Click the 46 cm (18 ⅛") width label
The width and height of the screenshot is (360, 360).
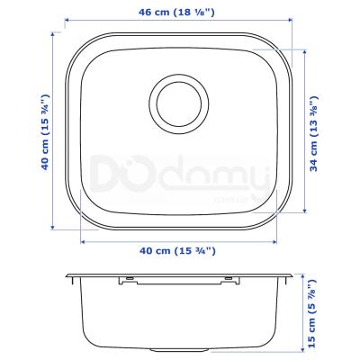point(176,13)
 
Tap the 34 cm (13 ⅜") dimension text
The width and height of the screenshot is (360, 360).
point(313,134)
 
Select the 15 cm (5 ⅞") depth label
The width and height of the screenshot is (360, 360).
point(312,313)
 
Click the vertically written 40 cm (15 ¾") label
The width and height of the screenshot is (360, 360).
point(45,132)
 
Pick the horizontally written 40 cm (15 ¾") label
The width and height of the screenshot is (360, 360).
point(177,251)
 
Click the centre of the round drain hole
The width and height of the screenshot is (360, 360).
point(179,103)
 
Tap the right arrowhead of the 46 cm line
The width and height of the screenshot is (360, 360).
point(290,20)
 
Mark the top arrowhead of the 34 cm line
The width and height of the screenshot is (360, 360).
point(305,52)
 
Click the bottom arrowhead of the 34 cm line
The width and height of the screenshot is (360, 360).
point(305,211)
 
